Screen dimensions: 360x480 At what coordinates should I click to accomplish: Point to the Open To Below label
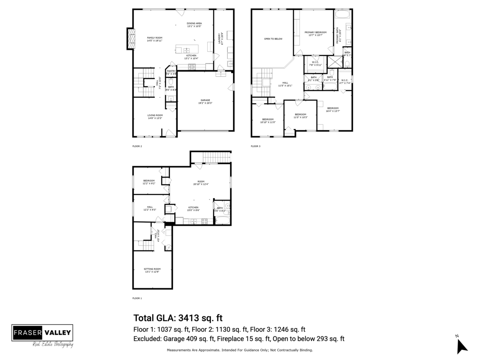(273, 39)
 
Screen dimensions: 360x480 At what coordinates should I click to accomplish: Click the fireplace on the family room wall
(130, 39)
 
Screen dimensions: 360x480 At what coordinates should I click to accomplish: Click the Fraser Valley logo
(42, 335)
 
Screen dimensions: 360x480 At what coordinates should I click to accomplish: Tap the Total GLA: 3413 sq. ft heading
(178, 318)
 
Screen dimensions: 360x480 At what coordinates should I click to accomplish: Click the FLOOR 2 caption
(137, 146)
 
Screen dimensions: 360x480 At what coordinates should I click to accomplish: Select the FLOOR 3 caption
(256, 146)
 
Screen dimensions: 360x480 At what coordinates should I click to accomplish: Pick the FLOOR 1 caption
(137, 298)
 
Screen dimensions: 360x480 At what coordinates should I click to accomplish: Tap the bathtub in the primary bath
(342, 15)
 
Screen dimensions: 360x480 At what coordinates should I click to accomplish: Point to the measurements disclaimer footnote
(240, 350)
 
